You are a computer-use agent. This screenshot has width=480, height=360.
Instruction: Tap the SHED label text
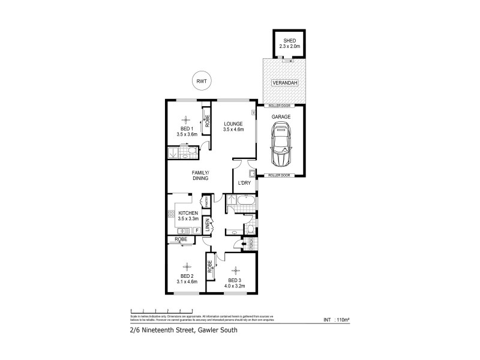[287, 40]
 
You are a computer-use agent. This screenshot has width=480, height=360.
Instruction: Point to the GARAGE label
[281, 116]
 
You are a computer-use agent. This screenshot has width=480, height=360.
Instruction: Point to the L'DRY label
[244, 182]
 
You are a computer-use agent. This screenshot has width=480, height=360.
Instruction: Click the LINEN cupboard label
[208, 226]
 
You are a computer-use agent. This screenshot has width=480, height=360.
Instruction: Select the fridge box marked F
[197, 230]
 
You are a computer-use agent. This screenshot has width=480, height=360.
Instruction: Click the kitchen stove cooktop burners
[171, 213]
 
